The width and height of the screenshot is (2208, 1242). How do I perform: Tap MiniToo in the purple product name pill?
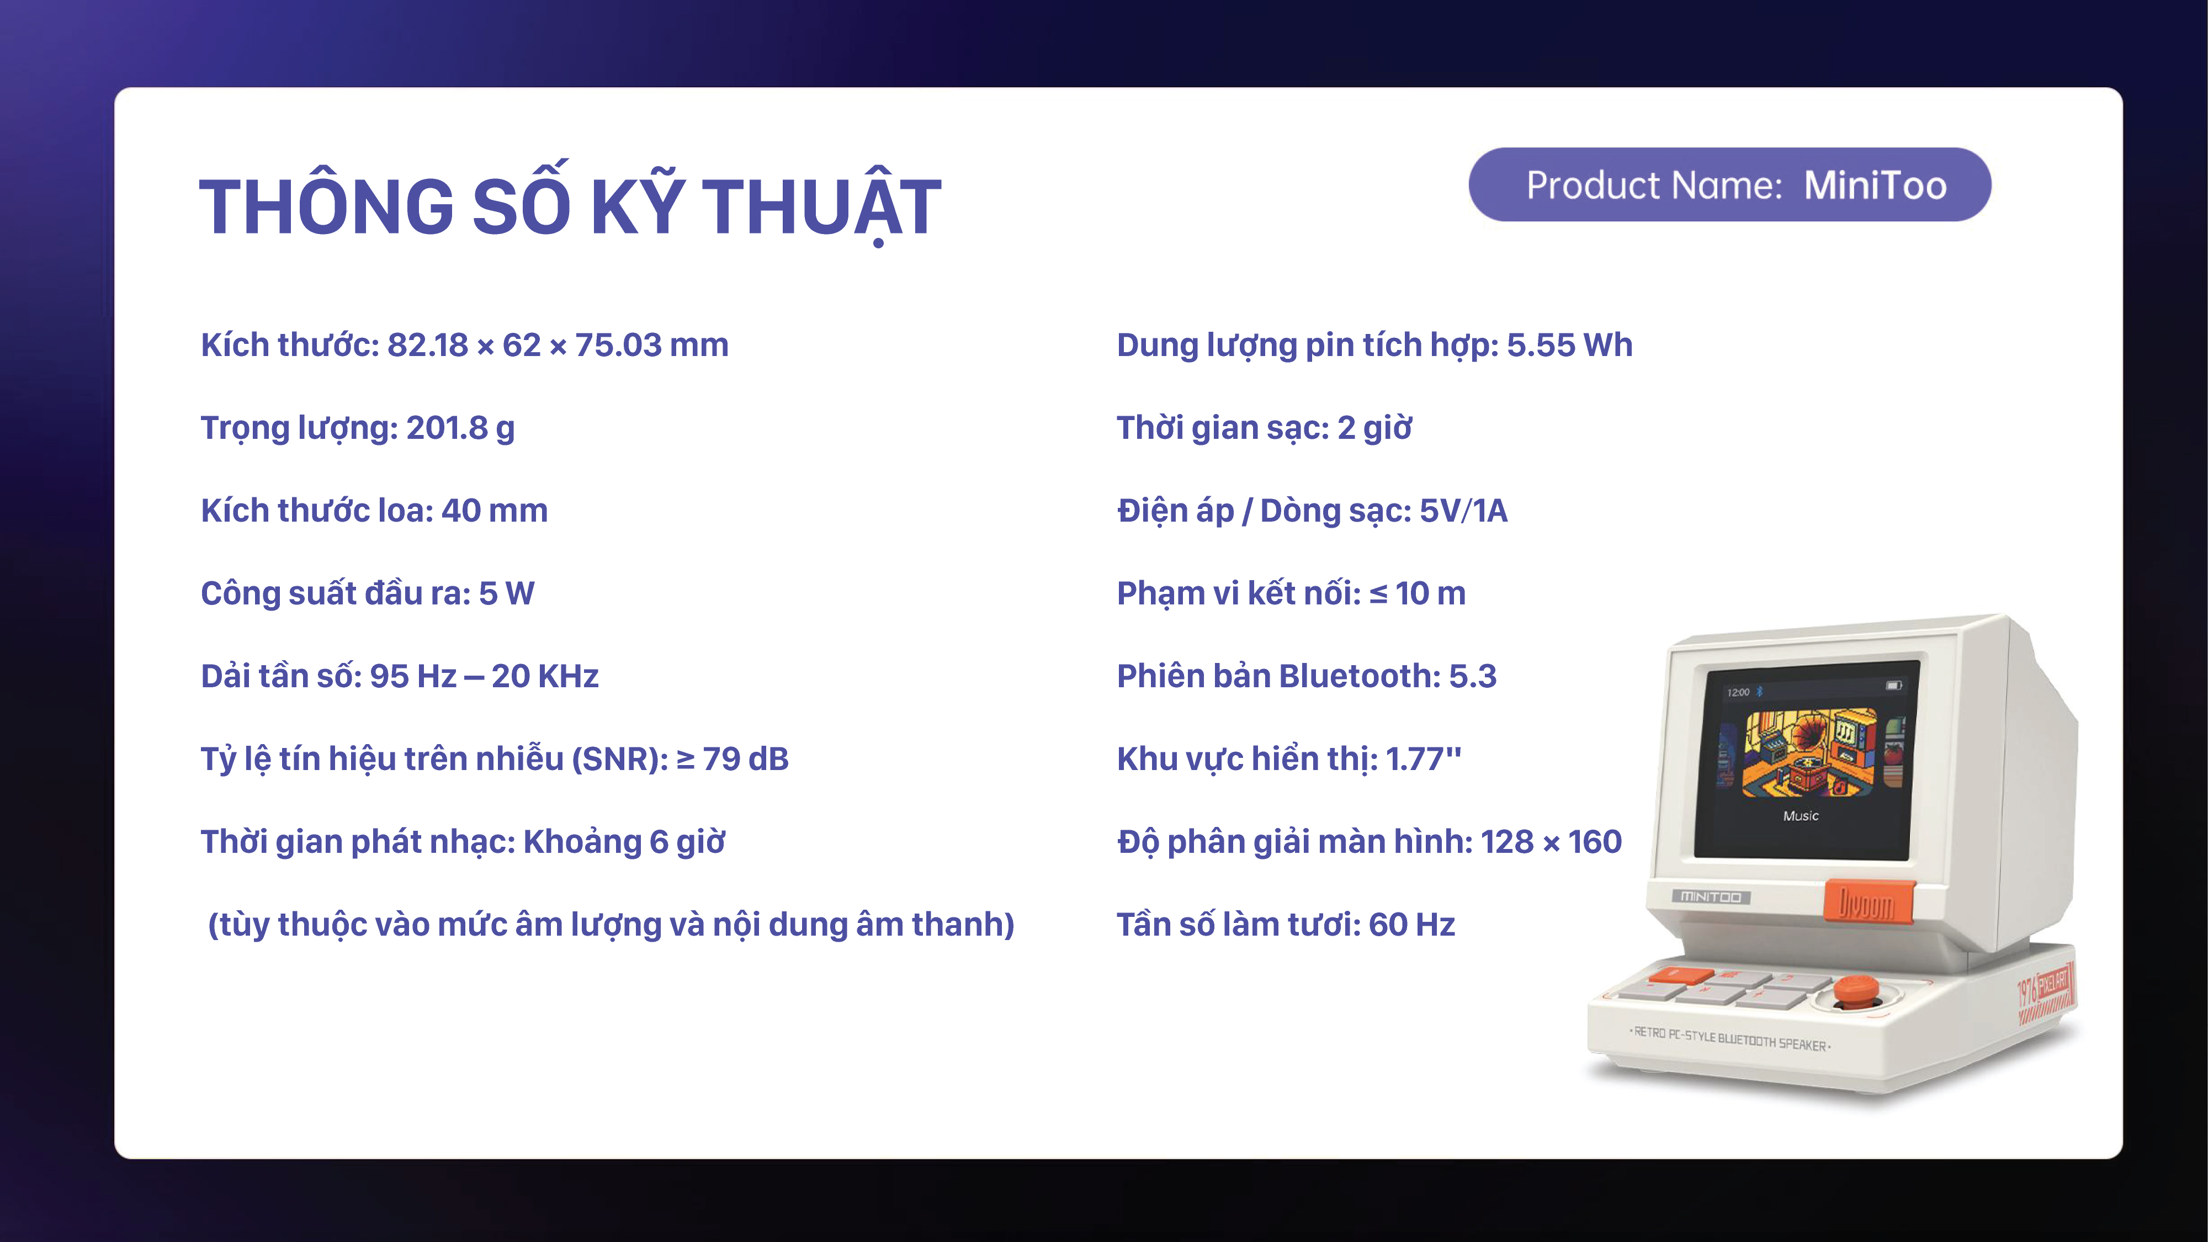(1876, 185)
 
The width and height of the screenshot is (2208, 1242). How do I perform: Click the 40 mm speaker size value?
(495, 510)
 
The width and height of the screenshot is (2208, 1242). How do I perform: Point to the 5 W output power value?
(507, 593)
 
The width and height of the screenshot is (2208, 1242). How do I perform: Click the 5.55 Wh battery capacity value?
(1569, 344)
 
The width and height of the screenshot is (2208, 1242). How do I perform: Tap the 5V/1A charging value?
(1463, 510)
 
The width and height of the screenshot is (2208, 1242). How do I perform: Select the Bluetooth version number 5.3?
(1473, 676)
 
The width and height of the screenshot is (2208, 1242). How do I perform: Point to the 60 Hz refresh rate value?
(1411, 924)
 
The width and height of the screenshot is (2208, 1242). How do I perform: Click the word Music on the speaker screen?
(1801, 816)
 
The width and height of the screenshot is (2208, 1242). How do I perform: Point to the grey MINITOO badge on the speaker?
(1711, 896)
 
